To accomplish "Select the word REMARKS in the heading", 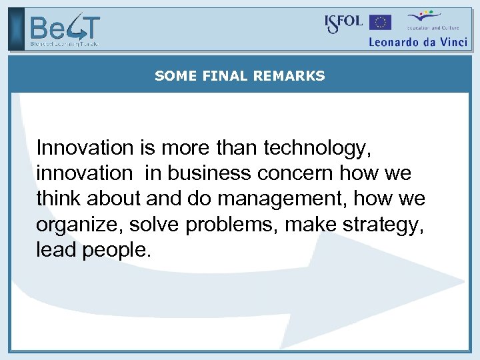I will [x=289, y=76].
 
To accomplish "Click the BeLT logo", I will [x=64, y=30].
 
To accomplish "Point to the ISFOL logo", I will [x=343, y=23].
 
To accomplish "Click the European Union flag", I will [x=381, y=23].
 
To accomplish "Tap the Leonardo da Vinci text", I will [x=418, y=41].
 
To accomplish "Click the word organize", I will [x=79, y=225].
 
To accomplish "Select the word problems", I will [x=232, y=225].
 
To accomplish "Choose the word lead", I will [x=56, y=250].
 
